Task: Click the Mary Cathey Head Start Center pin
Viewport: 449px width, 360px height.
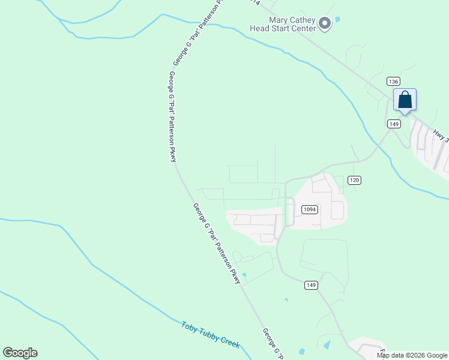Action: click(x=325, y=24)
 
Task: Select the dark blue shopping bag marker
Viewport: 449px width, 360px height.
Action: click(x=405, y=100)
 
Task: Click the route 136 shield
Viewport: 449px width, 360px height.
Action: click(x=393, y=82)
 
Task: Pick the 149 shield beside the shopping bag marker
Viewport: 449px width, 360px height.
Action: click(x=394, y=124)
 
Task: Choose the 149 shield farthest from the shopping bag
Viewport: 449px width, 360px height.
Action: click(x=310, y=285)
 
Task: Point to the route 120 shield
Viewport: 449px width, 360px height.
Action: click(x=354, y=180)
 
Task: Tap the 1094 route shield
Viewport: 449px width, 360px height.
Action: click(x=309, y=209)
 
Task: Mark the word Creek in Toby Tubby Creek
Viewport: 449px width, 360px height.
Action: click(x=230, y=343)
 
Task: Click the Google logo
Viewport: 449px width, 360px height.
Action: click(x=20, y=353)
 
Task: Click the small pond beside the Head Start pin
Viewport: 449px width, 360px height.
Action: click(x=337, y=20)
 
